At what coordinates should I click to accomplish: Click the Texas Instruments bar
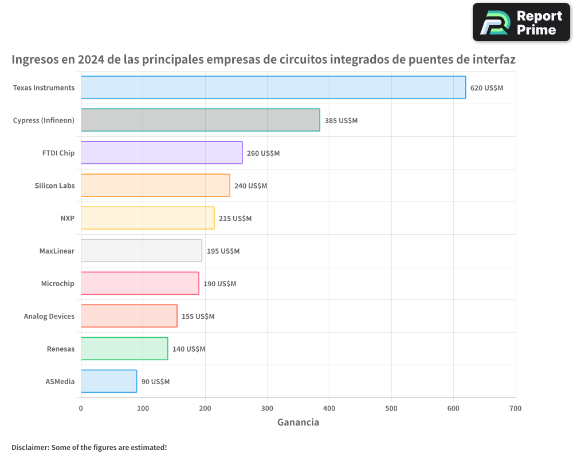(x=273, y=88)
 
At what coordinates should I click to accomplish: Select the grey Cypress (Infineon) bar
(x=200, y=120)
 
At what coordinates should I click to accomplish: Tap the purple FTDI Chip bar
(x=161, y=153)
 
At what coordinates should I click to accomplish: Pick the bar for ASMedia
(x=109, y=381)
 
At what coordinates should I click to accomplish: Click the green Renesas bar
(x=124, y=349)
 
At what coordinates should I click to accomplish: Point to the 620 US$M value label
(x=486, y=88)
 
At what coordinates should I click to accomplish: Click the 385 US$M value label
(x=341, y=121)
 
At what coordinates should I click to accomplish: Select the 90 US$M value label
(x=155, y=382)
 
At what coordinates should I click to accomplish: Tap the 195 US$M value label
(x=223, y=251)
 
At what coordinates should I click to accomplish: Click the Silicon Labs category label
(x=54, y=185)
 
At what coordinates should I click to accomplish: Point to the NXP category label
(x=67, y=218)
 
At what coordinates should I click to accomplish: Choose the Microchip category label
(x=57, y=283)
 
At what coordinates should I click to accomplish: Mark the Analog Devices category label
(x=49, y=316)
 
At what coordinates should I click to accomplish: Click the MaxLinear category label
(x=57, y=251)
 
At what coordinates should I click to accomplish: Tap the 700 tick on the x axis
(x=515, y=409)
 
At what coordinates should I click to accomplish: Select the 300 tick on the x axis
(x=267, y=409)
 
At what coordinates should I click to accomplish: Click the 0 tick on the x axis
(x=81, y=409)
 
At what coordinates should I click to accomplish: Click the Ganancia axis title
(x=298, y=423)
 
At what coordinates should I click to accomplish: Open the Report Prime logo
(x=521, y=22)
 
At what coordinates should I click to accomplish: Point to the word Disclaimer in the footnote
(x=29, y=447)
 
